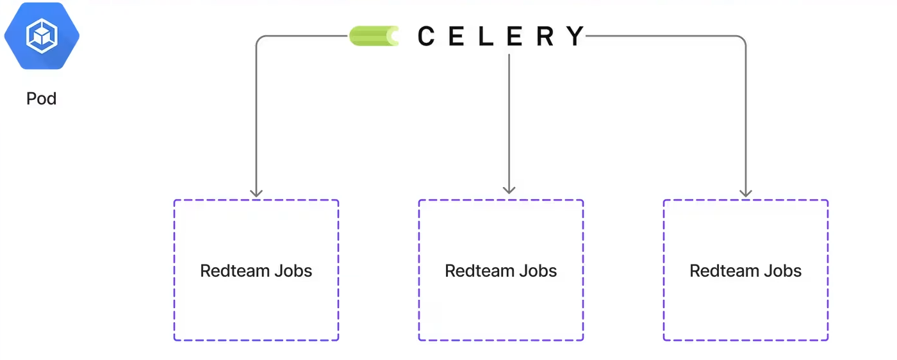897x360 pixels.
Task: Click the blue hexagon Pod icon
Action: point(42,36)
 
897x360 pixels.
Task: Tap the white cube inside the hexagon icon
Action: point(42,36)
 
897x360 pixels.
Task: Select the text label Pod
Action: point(42,99)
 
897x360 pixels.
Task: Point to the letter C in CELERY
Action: point(427,37)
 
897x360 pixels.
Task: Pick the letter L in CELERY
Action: point(486,37)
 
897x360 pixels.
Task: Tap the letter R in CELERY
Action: point(545,37)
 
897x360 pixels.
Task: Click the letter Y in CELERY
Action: point(575,37)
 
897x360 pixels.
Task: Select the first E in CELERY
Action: point(456,37)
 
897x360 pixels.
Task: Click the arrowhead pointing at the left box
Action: point(256,192)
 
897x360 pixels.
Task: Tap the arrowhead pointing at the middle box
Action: point(509,189)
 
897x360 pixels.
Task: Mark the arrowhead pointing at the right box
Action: point(745,192)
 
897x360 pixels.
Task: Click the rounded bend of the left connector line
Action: point(259,39)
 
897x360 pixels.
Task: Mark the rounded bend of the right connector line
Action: point(742,39)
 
